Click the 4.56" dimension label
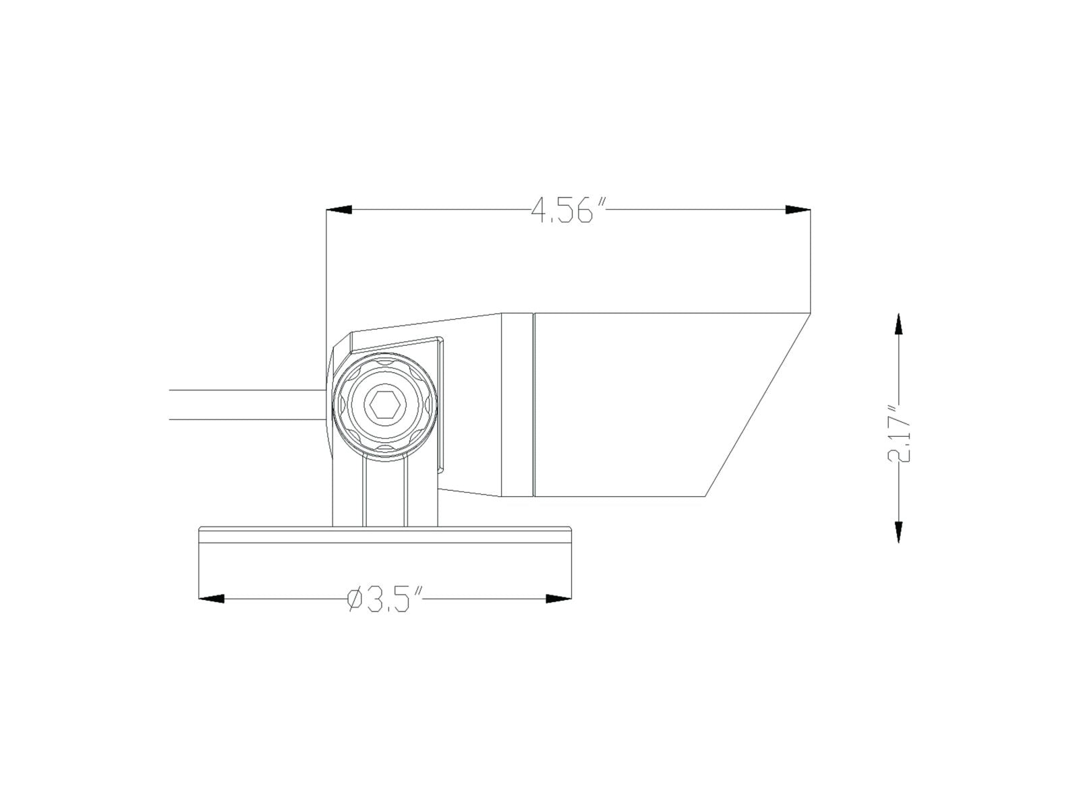pyautogui.click(x=568, y=211)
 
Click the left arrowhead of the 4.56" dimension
pyautogui.click(x=339, y=210)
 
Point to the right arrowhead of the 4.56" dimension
pyautogui.click(x=797, y=210)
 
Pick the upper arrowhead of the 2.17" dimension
pyautogui.click(x=898, y=326)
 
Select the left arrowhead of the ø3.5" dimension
pyautogui.click(x=211, y=599)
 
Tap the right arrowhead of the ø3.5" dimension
pyautogui.click(x=559, y=599)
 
